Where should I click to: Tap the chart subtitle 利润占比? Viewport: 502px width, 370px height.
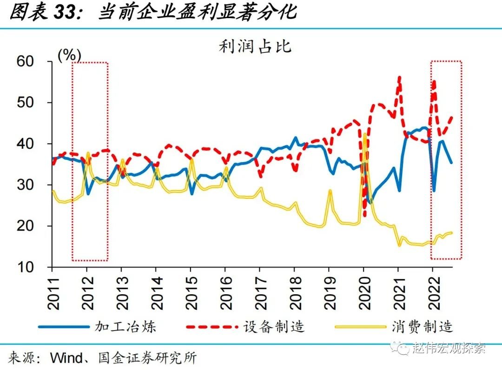[255, 46]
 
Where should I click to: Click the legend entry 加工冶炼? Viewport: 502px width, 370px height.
[125, 326]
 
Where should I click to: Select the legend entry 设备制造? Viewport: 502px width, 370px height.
[274, 326]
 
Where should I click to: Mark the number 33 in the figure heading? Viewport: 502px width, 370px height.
[65, 13]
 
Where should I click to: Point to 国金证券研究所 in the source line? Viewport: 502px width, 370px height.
[148, 358]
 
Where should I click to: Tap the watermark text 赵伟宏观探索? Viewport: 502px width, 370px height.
[449, 348]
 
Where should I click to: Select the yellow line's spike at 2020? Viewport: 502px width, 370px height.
[365, 134]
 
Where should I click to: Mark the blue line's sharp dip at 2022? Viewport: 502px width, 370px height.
[434, 190]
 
